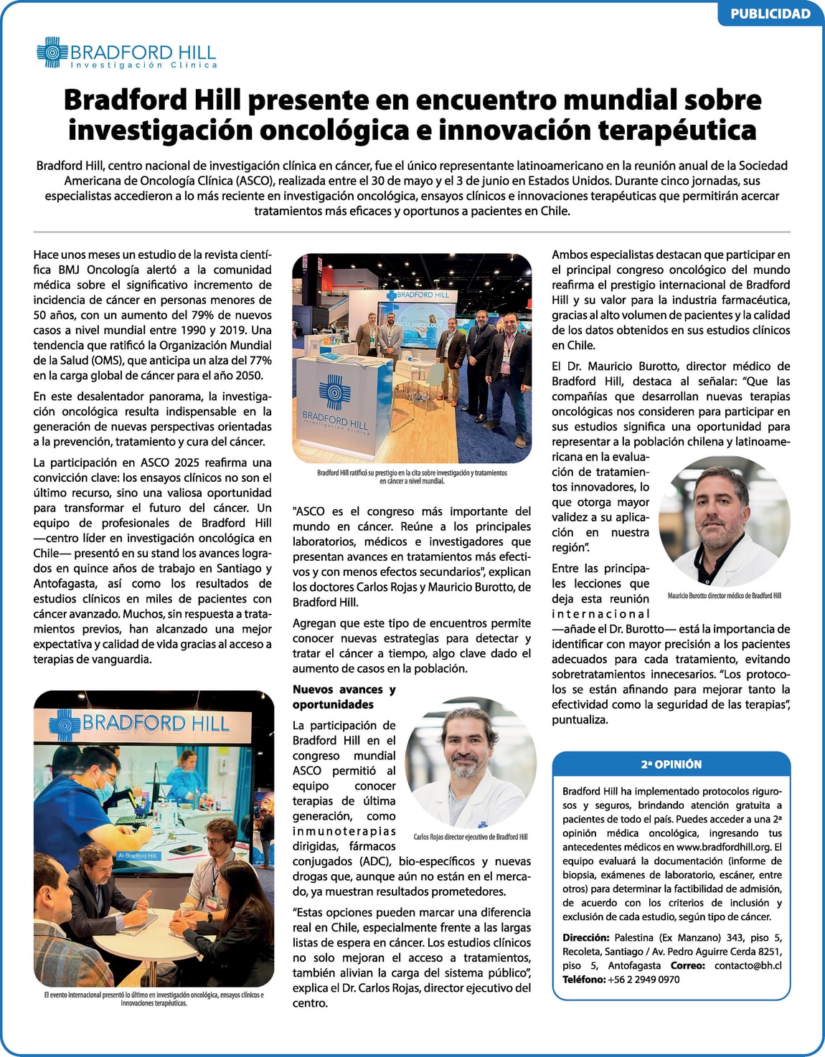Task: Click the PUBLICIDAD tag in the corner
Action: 770,14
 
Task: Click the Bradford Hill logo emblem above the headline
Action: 52,52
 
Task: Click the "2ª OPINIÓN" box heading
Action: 671,764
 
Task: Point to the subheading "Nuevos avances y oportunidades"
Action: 344,697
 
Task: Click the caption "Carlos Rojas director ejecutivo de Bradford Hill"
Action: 470,837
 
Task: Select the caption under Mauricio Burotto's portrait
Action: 724,596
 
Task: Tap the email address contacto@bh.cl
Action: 748,965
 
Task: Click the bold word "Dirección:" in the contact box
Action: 585,938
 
